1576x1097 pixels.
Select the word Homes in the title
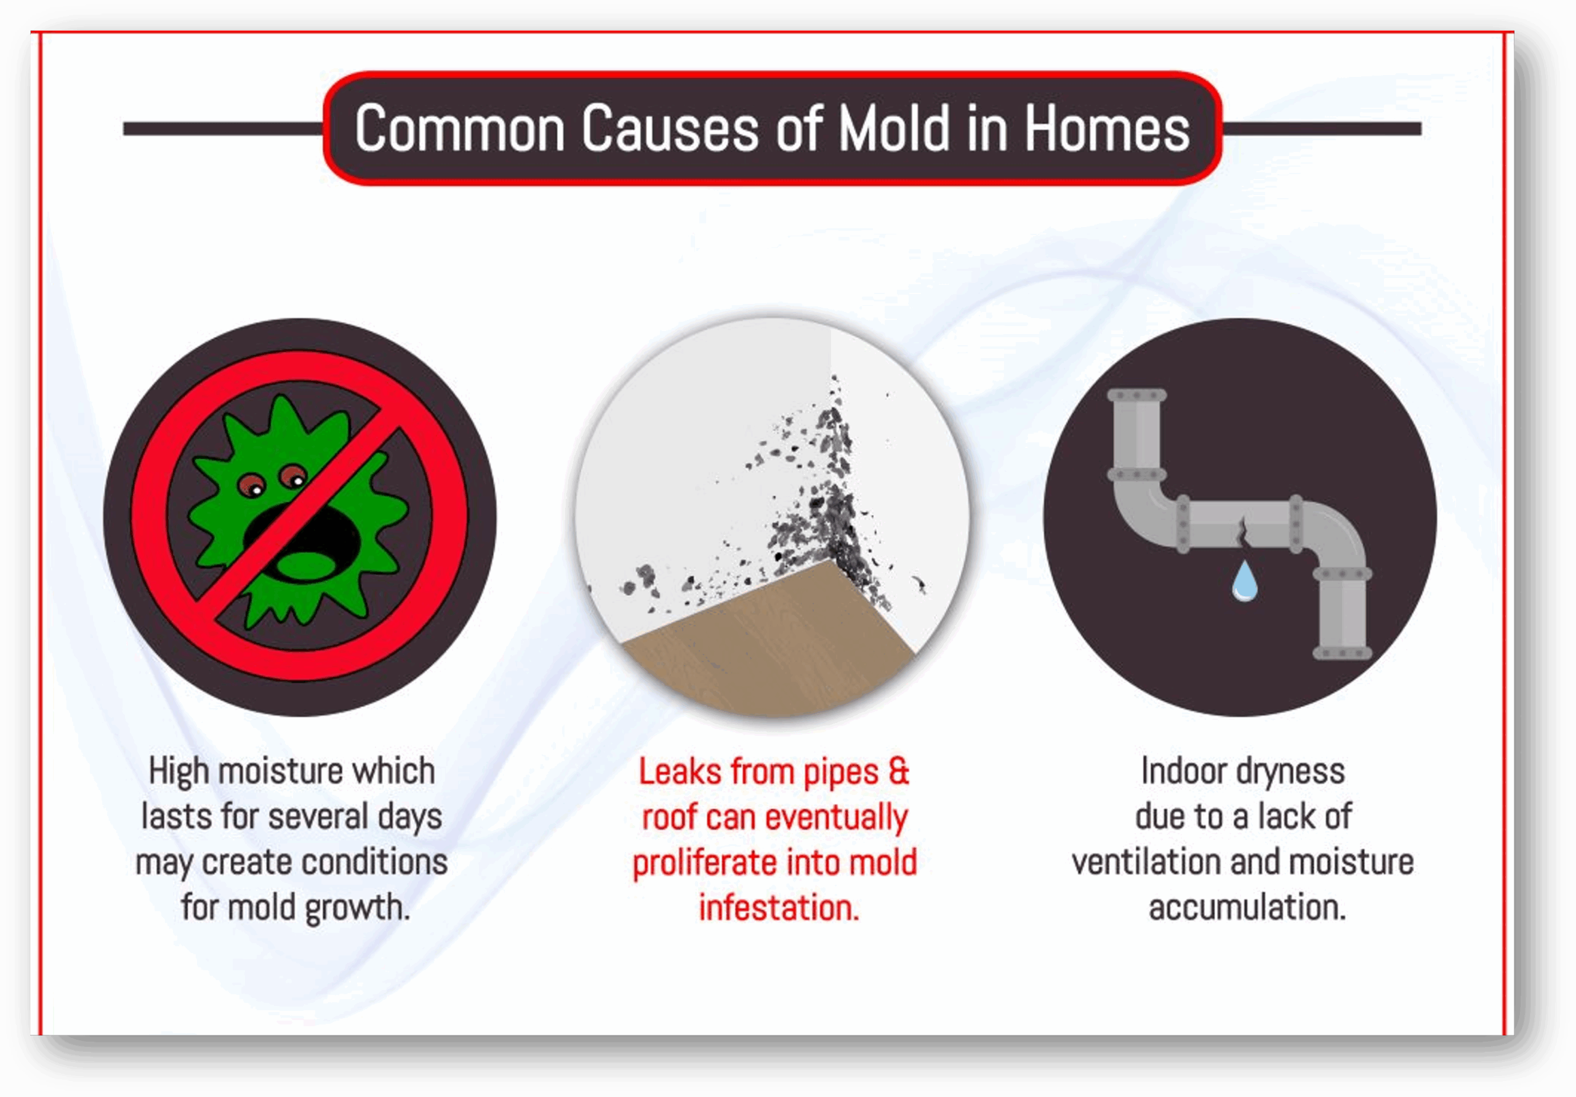[x=1106, y=129]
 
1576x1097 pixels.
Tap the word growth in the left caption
[x=357, y=908]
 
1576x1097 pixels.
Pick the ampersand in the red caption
[x=899, y=772]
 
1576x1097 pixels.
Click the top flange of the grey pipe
[x=1136, y=396]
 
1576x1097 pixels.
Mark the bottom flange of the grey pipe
[x=1342, y=653]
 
